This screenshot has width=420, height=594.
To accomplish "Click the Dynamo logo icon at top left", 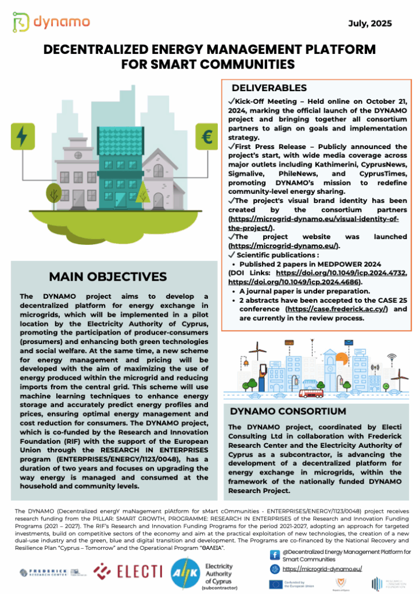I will point(21,22).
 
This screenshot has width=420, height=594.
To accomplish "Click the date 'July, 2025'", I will point(370,24).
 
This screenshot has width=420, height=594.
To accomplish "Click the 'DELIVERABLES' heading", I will point(269,88).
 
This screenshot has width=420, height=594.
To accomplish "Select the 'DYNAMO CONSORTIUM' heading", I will point(280,411).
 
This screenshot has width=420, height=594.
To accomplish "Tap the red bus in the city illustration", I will point(312,392).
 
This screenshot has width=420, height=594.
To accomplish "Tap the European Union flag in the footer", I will point(275,584).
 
